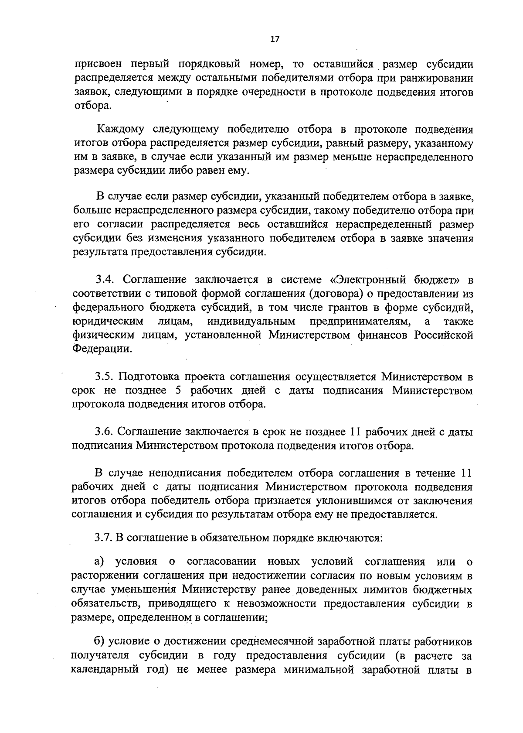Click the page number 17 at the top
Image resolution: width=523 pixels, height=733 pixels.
coord(274,39)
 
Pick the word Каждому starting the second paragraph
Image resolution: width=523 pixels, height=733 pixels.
coord(121,129)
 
